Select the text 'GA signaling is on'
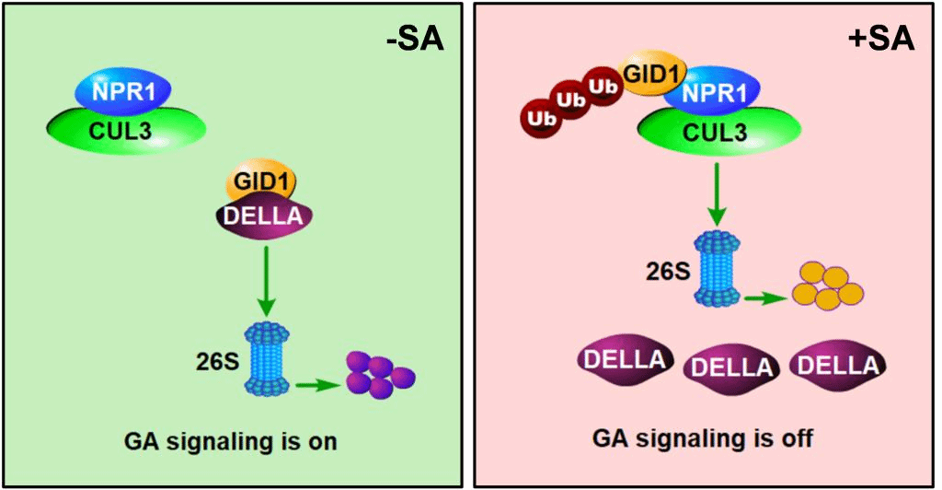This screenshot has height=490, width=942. coord(231,440)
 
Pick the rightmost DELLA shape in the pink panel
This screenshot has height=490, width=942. coord(837,365)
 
